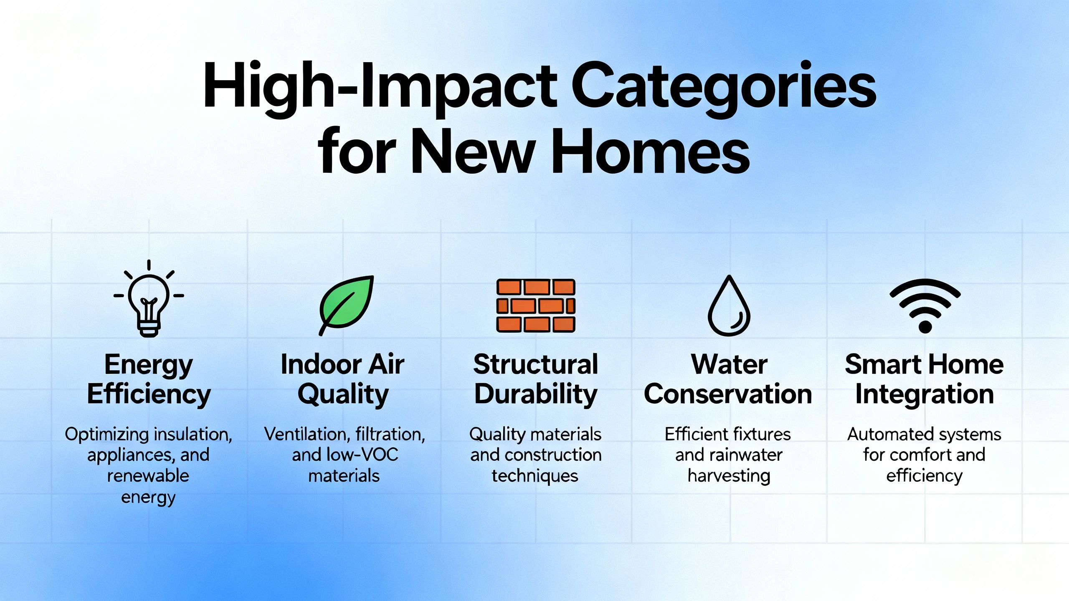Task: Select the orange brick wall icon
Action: click(536, 306)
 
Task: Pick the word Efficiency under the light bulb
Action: click(149, 394)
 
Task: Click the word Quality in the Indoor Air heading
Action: click(343, 394)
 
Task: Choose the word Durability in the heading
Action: click(536, 394)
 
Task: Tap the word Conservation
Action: click(728, 394)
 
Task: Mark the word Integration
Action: click(925, 394)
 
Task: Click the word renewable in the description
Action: click(148, 476)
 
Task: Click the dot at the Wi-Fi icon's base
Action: click(925, 327)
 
